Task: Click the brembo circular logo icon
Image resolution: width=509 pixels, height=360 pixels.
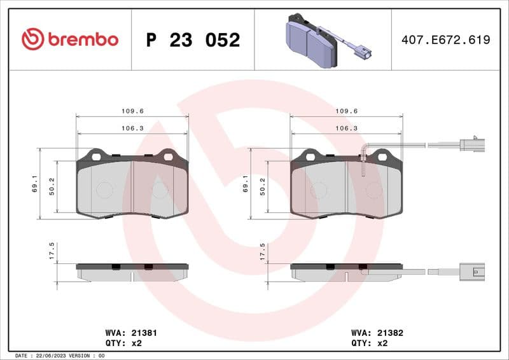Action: click(x=32, y=39)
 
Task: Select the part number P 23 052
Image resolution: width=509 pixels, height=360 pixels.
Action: click(x=193, y=40)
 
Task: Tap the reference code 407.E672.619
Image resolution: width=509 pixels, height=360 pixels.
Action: click(x=445, y=40)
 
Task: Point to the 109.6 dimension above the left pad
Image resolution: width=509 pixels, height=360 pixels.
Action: click(x=132, y=111)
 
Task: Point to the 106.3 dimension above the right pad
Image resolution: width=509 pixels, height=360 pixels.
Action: click(x=346, y=128)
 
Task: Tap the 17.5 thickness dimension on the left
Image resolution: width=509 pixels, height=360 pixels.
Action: click(x=52, y=251)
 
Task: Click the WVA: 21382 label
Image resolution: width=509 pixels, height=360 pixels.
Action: click(x=377, y=333)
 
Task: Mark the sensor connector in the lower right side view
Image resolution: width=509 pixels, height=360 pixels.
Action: click(x=474, y=272)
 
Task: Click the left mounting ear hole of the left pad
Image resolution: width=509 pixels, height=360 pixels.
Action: click(x=97, y=156)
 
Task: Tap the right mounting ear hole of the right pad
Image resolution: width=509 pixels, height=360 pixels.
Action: click(x=382, y=156)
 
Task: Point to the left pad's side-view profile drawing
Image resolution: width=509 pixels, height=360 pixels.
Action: click(x=132, y=272)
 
